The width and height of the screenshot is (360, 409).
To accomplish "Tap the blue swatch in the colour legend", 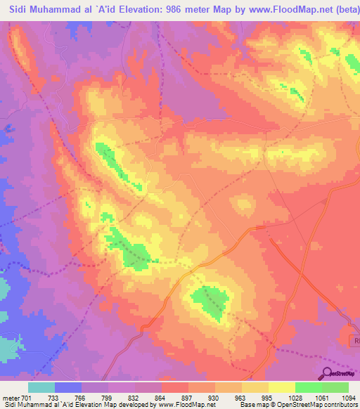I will (x=68, y=387).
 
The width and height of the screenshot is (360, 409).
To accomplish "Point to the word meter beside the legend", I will (x=11, y=397).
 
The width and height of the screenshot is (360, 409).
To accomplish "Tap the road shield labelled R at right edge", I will (x=355, y=340).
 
